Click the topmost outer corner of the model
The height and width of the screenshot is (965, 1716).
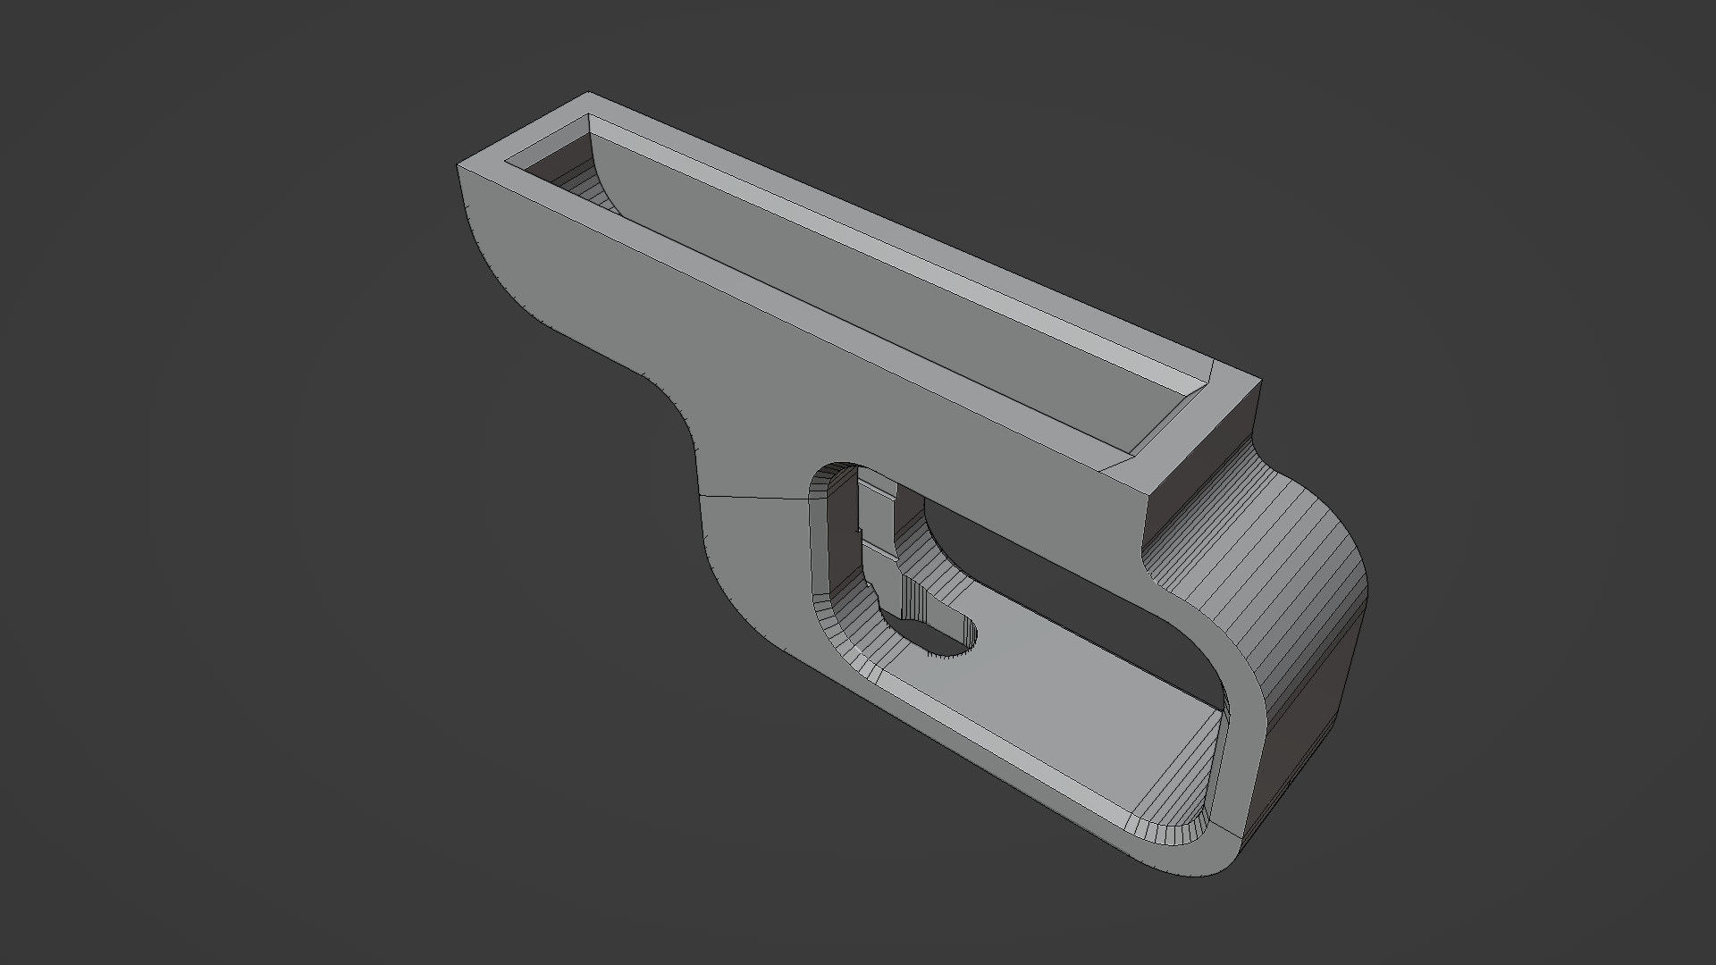point(587,92)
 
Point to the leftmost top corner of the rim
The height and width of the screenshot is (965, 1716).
point(458,165)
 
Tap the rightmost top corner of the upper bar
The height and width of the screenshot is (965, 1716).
point(1260,382)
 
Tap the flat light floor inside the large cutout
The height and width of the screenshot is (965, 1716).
point(1055,697)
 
